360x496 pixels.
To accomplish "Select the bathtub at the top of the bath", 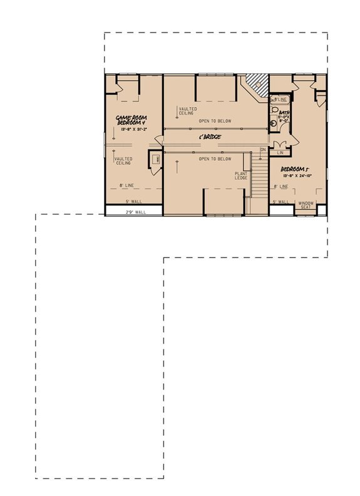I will pos(279,98).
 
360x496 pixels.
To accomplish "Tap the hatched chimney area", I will pos(255,81).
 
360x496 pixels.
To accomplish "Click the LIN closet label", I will pos(280,152).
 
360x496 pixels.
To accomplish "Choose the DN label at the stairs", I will pos(264,150).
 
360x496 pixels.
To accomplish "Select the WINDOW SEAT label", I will pos(306,205).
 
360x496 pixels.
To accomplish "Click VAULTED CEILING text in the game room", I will pos(123,162).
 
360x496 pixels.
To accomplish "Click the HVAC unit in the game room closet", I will pos(154,160).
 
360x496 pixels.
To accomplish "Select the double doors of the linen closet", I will pos(279,145).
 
